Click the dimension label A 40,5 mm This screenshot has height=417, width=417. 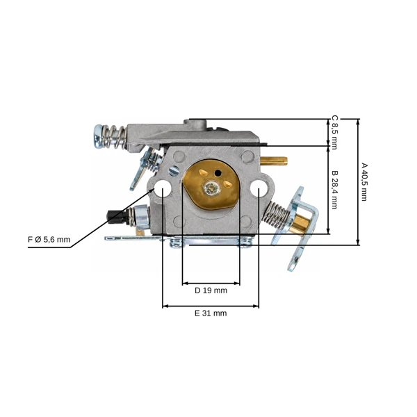pyautogui.click(x=363, y=182)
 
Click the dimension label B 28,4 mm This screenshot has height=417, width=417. pyautogui.click(x=334, y=190)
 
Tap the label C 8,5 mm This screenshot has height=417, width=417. pyautogui.click(x=334, y=132)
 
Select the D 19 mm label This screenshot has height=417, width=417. pyautogui.click(x=211, y=291)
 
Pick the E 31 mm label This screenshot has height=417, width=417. pyautogui.click(x=211, y=313)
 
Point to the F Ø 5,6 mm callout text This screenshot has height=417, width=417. pyautogui.click(x=49, y=240)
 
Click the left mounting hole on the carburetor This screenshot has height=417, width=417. pyautogui.click(x=163, y=188)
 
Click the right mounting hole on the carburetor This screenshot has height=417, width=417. pyautogui.click(x=259, y=188)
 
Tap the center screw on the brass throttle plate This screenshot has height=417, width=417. pyautogui.click(x=212, y=188)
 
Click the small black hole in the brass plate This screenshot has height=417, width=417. pyautogui.click(x=218, y=173)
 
